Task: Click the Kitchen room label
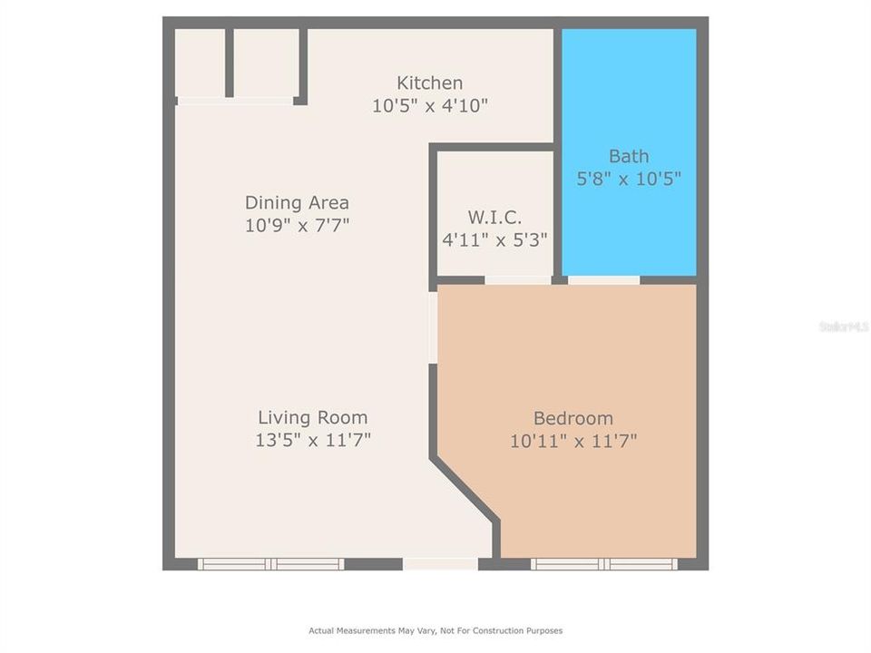pyautogui.click(x=429, y=83)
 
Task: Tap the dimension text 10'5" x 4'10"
pyautogui.click(x=429, y=105)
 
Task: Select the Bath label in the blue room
pyautogui.click(x=629, y=156)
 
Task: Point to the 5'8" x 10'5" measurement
pyautogui.click(x=629, y=179)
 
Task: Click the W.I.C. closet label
pyautogui.click(x=494, y=218)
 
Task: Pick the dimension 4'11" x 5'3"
pyautogui.click(x=494, y=240)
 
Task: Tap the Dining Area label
pyautogui.click(x=297, y=202)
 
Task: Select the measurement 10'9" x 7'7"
pyautogui.click(x=297, y=225)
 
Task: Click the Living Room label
pyautogui.click(x=312, y=418)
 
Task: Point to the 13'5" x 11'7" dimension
pyautogui.click(x=312, y=441)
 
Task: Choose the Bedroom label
pyautogui.click(x=573, y=418)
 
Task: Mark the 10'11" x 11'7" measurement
pyautogui.click(x=573, y=441)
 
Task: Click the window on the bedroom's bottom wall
pyautogui.click(x=604, y=564)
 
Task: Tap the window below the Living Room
pyautogui.click(x=271, y=564)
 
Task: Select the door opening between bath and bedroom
pyautogui.click(x=603, y=280)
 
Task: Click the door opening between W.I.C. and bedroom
pyautogui.click(x=517, y=280)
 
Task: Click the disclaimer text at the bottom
pyautogui.click(x=435, y=630)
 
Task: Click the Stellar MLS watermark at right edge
pyautogui.click(x=845, y=326)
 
